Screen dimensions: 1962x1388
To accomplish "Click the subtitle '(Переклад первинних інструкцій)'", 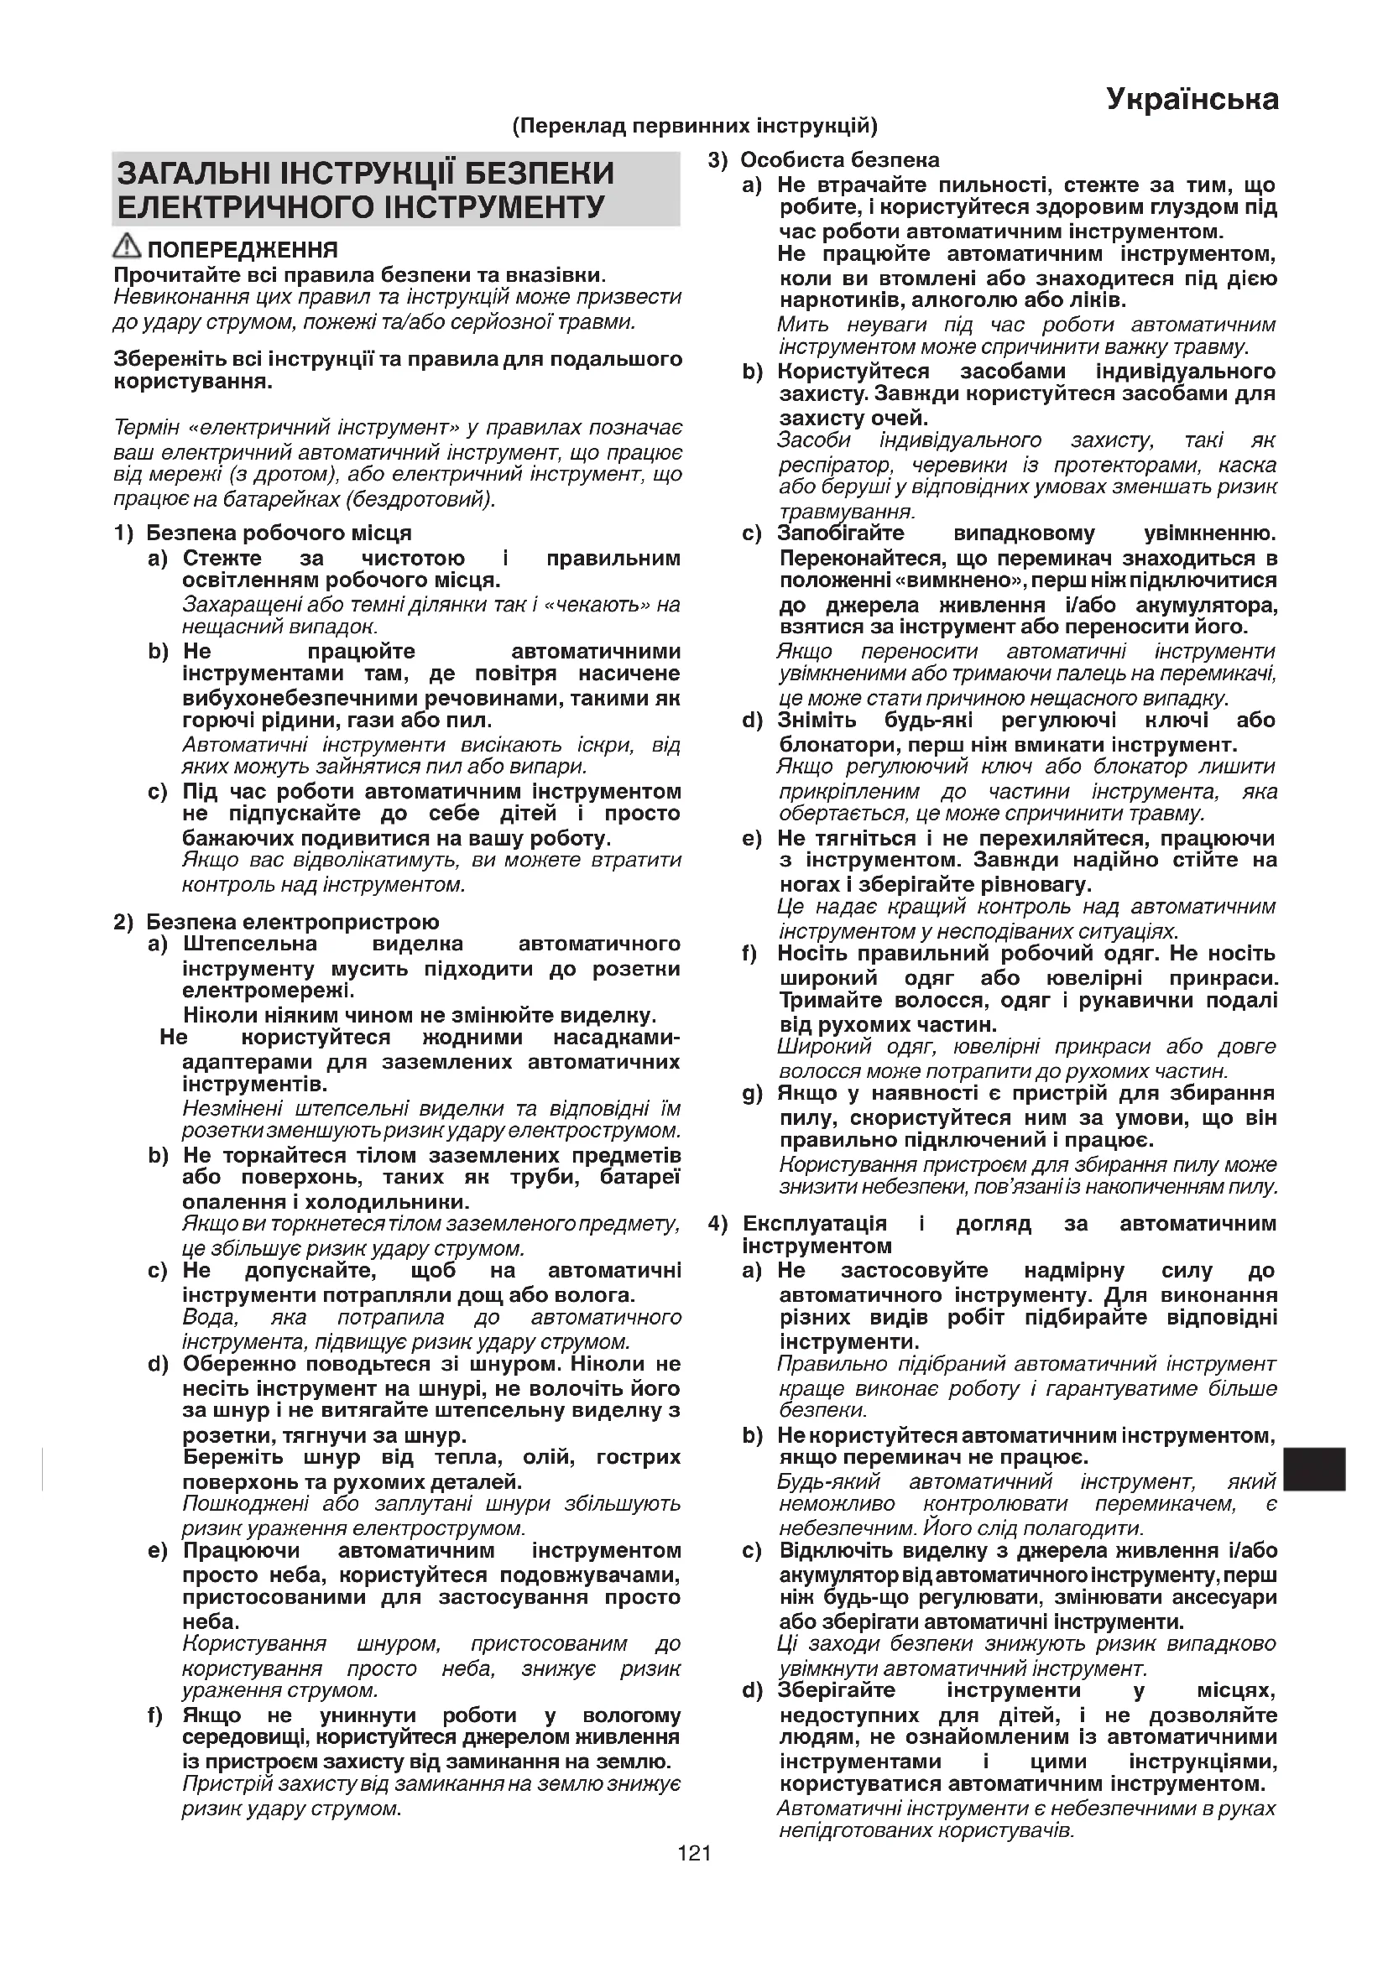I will click(x=694, y=128).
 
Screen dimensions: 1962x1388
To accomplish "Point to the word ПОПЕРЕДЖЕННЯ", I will click(x=243, y=250).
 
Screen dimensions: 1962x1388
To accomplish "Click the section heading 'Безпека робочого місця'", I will click(x=279, y=533).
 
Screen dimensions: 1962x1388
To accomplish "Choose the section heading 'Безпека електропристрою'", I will click(x=292, y=922).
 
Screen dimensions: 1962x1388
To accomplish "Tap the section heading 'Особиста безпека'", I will click(x=839, y=160).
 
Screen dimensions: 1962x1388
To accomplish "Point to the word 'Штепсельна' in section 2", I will click(x=249, y=945).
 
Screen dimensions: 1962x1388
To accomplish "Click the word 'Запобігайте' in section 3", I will click(x=840, y=533).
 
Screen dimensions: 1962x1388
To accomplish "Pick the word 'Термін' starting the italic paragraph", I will click(x=143, y=427).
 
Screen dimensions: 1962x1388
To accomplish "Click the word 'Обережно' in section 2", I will click(x=238, y=1364).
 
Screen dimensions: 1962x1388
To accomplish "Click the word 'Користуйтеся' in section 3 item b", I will click(x=853, y=372).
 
